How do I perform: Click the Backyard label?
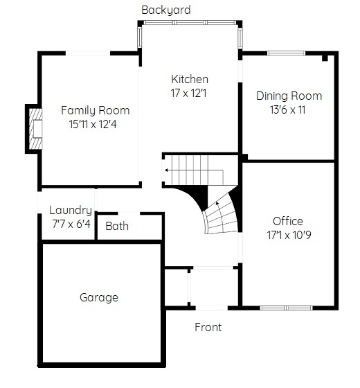point(166,10)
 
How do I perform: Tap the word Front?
point(208,327)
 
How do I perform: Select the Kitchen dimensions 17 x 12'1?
point(188,94)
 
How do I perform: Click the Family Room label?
point(96,110)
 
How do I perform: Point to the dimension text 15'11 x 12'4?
point(93,124)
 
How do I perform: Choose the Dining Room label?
point(289,96)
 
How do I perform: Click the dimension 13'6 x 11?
point(287,109)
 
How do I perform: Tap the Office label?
point(288,221)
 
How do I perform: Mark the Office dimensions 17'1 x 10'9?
point(289,235)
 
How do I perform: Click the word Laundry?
point(71,211)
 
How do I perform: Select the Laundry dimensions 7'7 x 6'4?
point(71,224)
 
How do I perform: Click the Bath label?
point(117,226)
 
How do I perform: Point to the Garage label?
point(99,298)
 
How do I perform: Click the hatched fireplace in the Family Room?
point(35,129)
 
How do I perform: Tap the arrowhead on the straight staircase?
point(166,170)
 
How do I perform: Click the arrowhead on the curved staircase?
point(217,204)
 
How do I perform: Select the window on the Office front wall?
point(286,308)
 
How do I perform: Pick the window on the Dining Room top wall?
point(287,53)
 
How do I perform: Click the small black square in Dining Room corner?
point(325,58)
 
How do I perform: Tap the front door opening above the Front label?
point(212,308)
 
